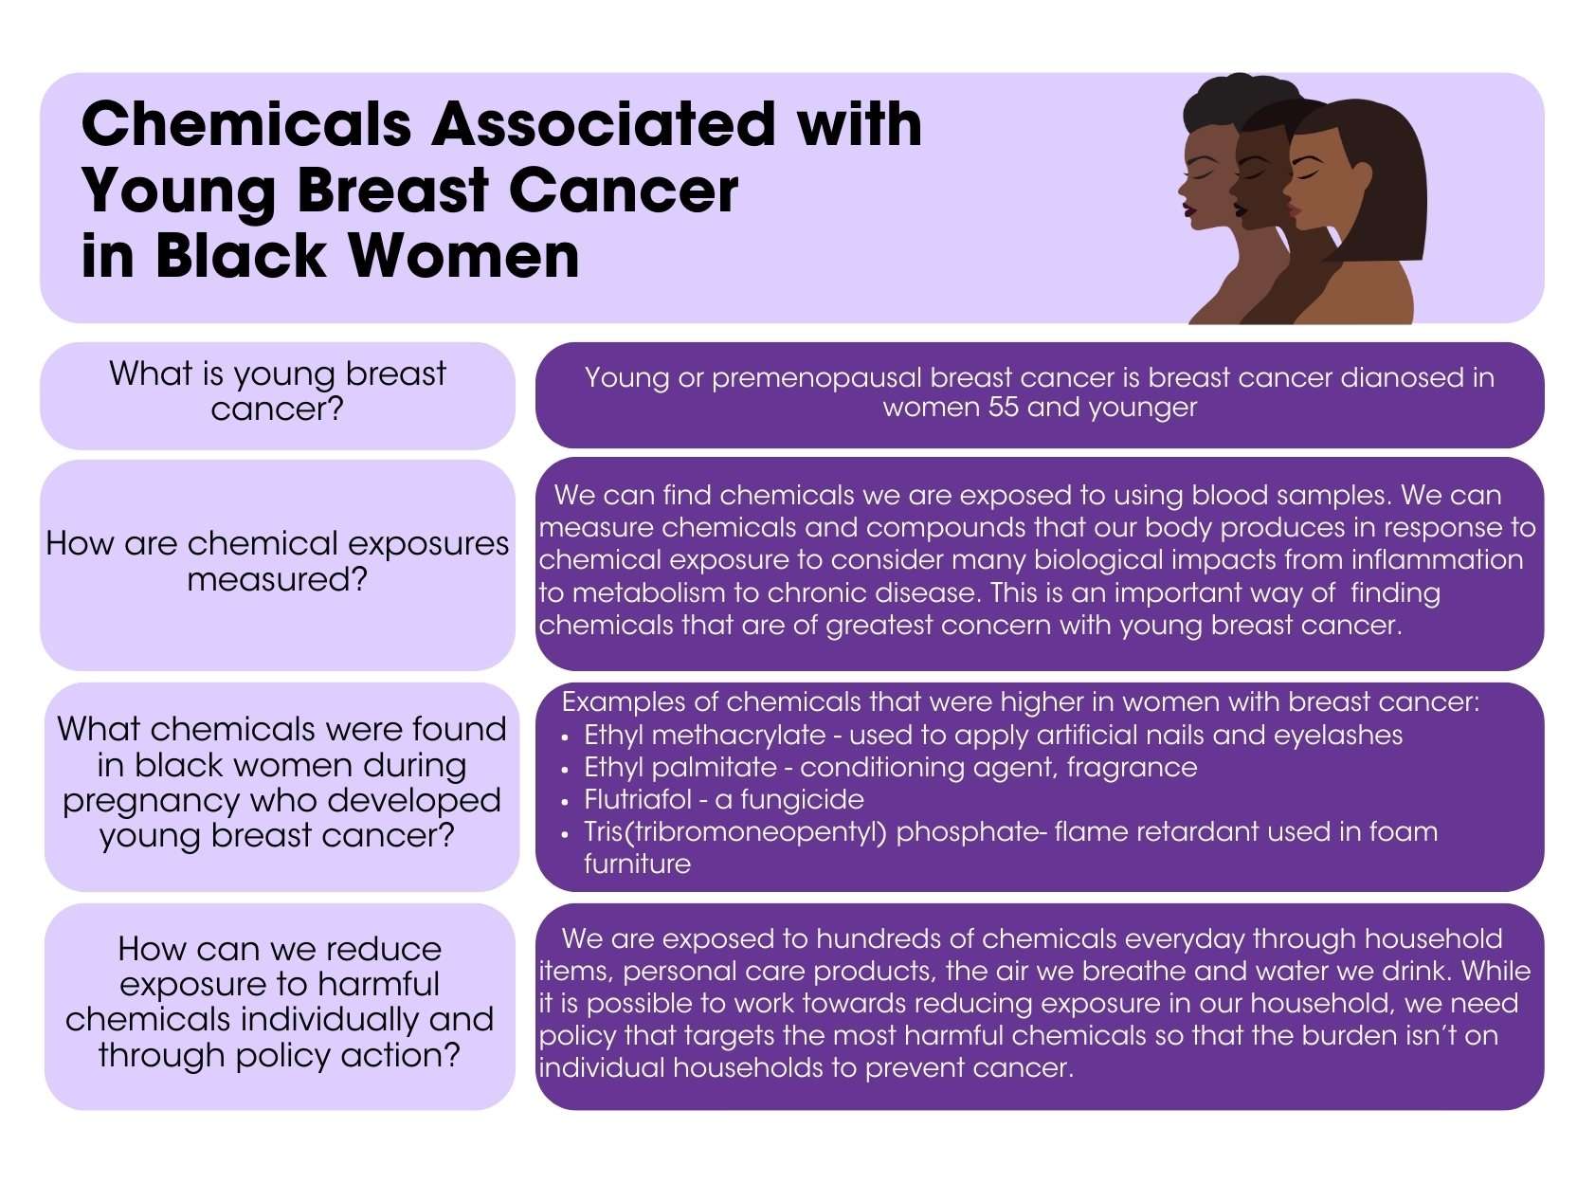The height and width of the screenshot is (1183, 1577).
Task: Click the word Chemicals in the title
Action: tap(246, 124)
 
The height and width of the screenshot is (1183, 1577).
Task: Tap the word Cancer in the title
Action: tap(623, 191)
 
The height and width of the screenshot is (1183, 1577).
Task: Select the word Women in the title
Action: tap(464, 256)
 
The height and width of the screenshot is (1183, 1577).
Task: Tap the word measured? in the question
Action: tap(278, 579)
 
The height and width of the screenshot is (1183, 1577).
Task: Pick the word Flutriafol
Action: tap(637, 799)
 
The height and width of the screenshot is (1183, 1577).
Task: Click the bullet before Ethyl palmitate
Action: tap(566, 770)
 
